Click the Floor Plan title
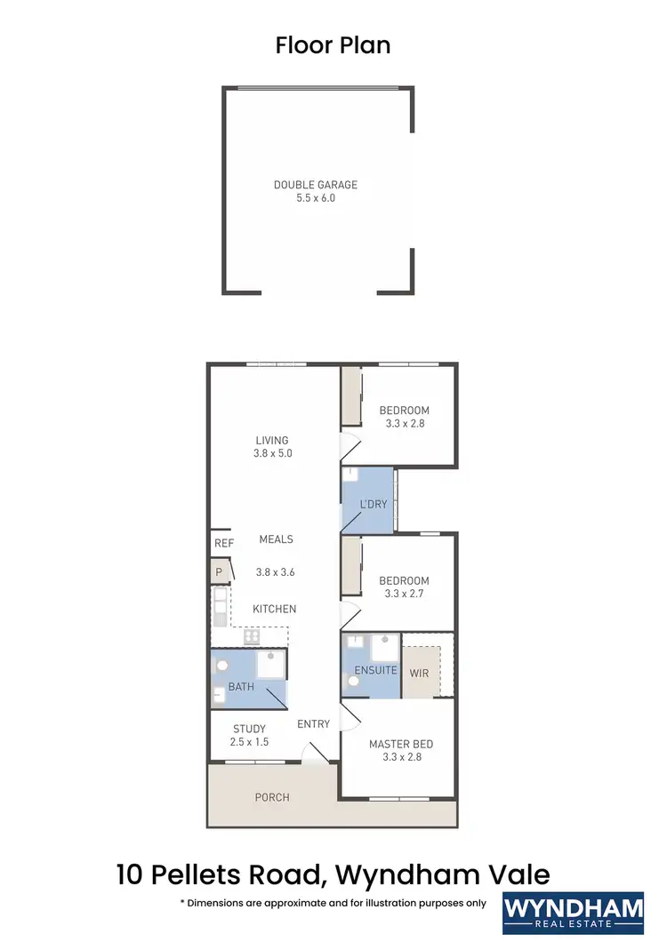coord(333,45)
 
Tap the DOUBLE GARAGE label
coord(316,185)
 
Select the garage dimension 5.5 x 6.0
coord(316,198)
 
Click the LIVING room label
coord(272,440)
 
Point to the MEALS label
coord(276,539)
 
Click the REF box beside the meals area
coord(223,543)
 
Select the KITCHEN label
coord(274,609)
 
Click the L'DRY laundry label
coord(374,505)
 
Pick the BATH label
coord(241,687)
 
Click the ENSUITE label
coord(375,670)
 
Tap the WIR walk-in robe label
coord(419,673)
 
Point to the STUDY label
coord(249,729)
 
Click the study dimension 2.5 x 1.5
coord(249,741)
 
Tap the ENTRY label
coord(313,724)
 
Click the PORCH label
coord(272,797)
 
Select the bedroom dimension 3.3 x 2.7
coord(404,594)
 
